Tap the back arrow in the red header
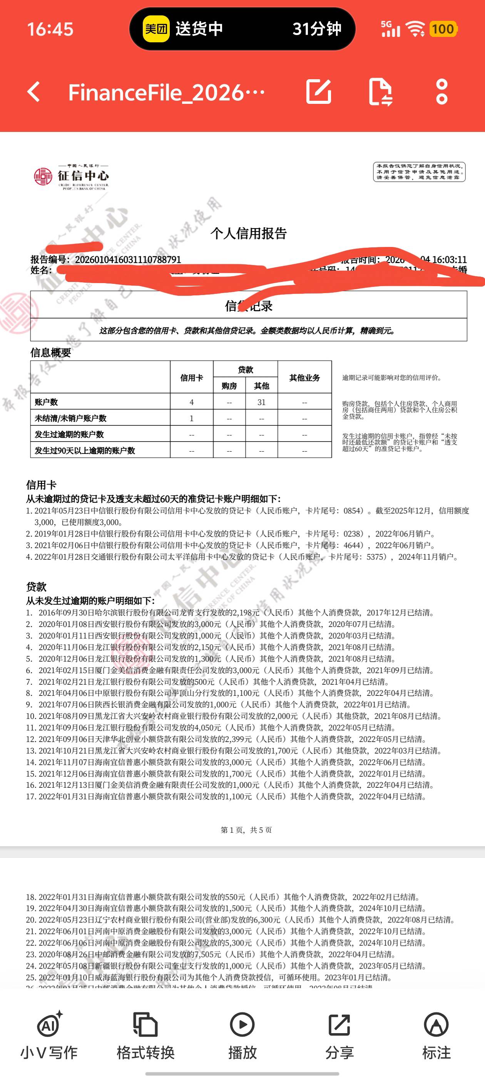click(34, 92)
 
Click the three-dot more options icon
click(442, 92)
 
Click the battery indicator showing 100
click(443, 29)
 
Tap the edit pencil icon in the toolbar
click(319, 92)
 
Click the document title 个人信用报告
click(249, 233)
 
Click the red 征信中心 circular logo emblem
click(43, 177)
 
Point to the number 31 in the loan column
click(261, 402)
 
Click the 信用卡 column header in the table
click(192, 378)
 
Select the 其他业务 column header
click(304, 378)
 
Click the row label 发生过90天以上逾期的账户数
click(85, 451)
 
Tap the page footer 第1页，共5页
click(246, 830)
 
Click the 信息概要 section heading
click(51, 352)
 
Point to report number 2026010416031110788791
click(128, 260)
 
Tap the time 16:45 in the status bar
click(50, 29)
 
